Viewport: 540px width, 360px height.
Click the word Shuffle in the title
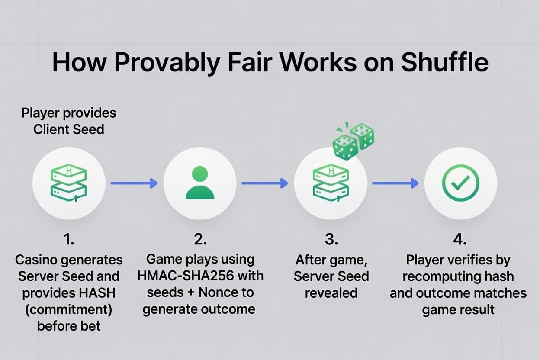coord(445,62)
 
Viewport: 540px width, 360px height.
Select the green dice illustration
coord(353,141)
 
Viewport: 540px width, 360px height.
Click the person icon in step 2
coord(200,183)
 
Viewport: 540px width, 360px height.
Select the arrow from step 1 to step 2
coord(134,183)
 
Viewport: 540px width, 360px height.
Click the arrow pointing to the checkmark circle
coord(395,183)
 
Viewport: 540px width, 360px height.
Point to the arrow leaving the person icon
coord(265,183)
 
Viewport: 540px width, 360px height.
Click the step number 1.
coord(69,239)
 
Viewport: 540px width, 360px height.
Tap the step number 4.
coord(460,239)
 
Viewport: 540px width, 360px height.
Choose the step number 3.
coord(331,239)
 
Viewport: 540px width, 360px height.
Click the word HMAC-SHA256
coord(185,276)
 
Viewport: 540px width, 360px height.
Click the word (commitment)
coord(69,310)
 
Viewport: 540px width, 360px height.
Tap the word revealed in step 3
coord(331,293)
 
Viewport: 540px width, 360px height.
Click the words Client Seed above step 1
coord(69,129)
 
